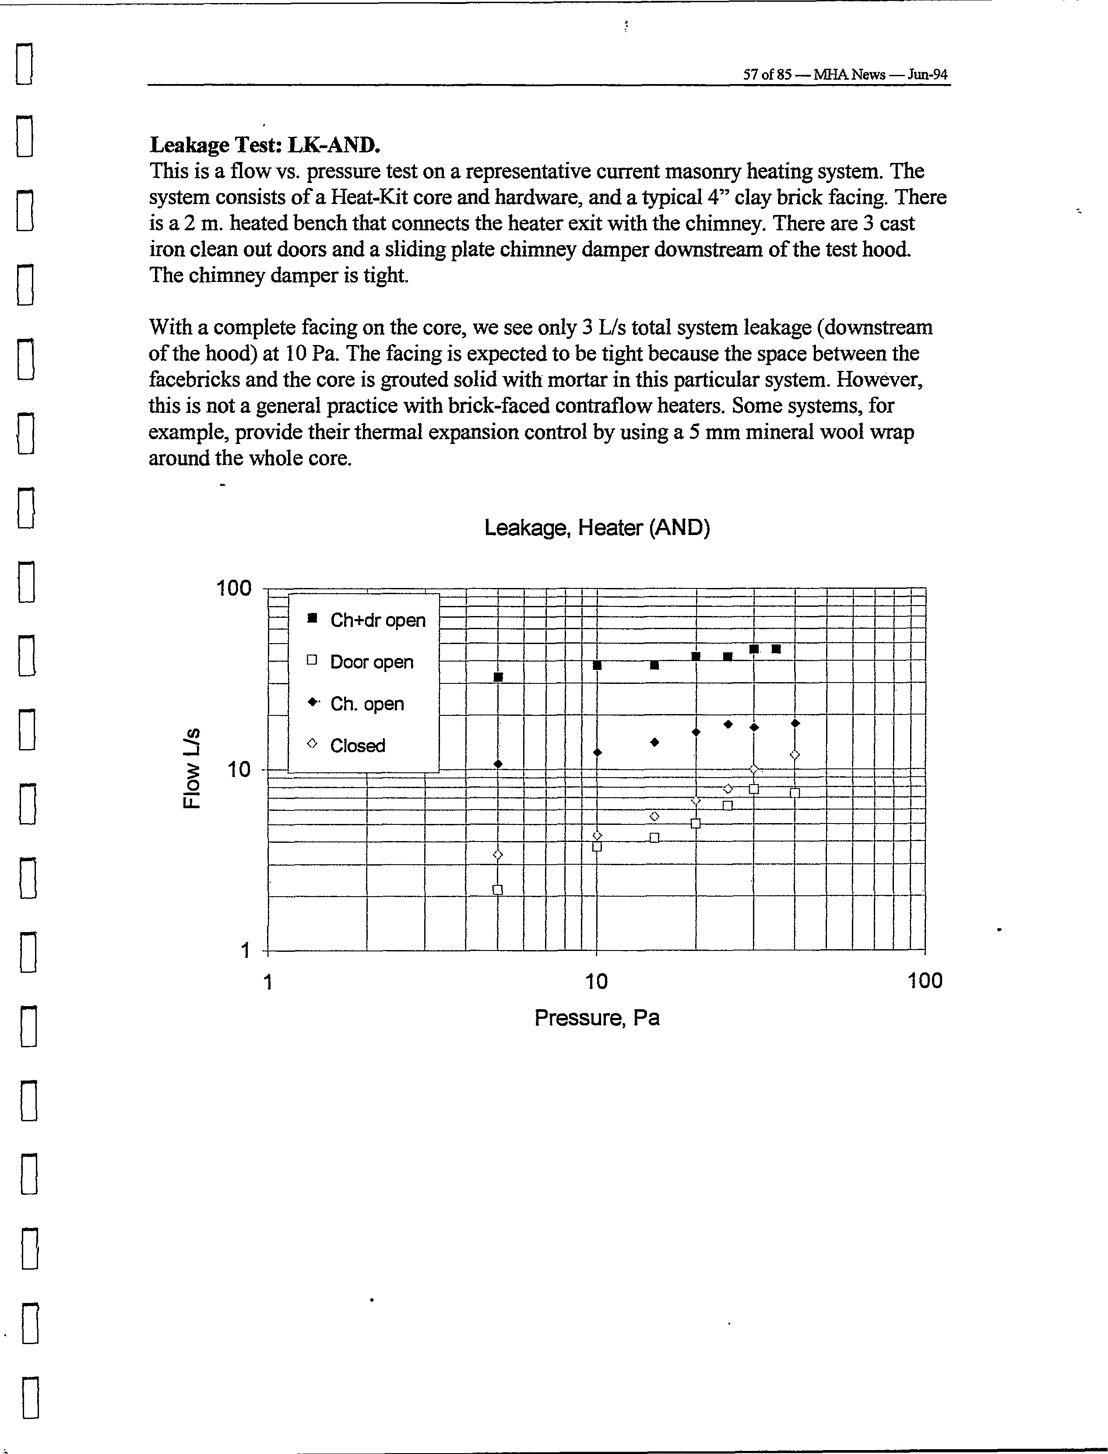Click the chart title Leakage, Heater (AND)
597,528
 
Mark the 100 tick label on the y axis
234,588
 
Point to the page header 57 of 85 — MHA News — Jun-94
845,74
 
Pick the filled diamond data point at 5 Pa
498,764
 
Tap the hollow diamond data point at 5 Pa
498,855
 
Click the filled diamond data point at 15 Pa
654,742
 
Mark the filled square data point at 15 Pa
654,665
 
